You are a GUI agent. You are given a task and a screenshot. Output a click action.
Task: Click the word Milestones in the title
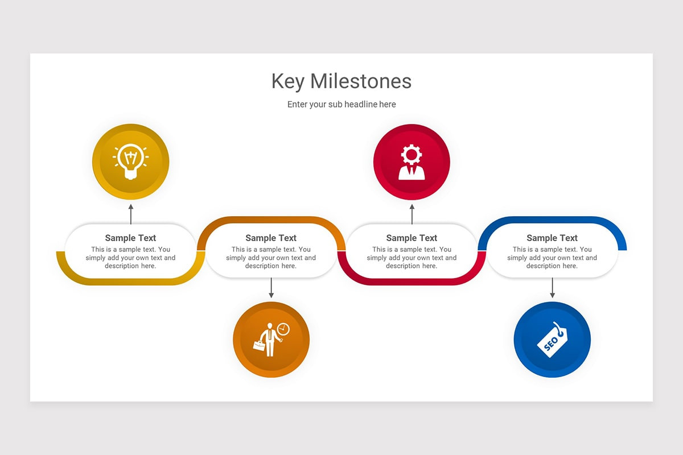(x=361, y=81)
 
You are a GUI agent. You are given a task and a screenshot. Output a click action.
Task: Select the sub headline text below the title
(x=341, y=105)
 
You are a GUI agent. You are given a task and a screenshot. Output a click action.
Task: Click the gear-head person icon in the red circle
(x=412, y=162)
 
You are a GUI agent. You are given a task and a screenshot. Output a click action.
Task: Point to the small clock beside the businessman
(x=283, y=329)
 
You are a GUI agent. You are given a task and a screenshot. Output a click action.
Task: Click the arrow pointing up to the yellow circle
(x=131, y=214)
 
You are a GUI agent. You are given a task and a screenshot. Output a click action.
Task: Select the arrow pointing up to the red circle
(x=412, y=214)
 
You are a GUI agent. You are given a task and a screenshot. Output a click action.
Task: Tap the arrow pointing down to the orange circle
(x=271, y=288)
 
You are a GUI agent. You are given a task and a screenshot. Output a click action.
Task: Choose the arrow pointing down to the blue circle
(x=552, y=288)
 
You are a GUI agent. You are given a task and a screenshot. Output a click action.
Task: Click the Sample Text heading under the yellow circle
(x=130, y=238)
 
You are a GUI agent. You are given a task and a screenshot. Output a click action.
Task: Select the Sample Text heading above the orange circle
(x=271, y=238)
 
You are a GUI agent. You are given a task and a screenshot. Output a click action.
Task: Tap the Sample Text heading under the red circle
(x=412, y=238)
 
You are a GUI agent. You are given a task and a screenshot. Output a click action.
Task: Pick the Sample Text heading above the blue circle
(x=552, y=238)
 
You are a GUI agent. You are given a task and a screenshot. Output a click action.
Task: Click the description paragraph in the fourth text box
(x=552, y=258)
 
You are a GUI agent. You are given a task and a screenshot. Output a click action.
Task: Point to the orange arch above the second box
(x=271, y=220)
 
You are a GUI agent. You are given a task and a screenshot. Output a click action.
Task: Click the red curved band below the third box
(x=412, y=282)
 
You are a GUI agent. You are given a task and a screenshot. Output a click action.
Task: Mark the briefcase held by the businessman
(x=259, y=345)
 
